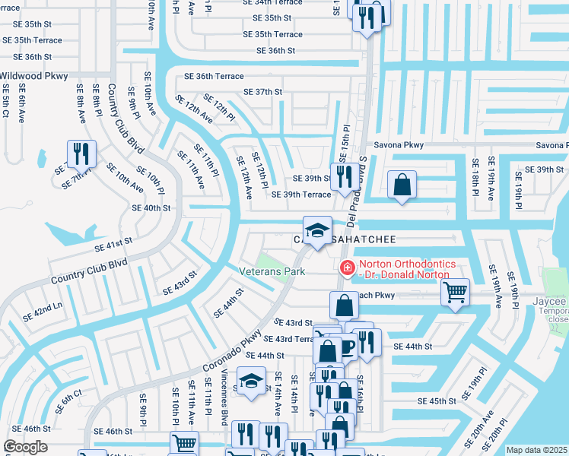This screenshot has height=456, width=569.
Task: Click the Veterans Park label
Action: point(272,271)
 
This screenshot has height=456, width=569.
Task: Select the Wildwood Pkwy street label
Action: point(33,76)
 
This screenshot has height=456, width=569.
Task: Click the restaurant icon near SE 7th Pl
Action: point(81,154)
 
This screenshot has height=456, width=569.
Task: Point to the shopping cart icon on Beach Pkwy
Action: point(455,291)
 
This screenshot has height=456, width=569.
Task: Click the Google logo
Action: point(25,447)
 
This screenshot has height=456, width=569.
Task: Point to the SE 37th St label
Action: point(262,92)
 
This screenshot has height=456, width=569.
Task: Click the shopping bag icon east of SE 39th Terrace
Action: point(401,185)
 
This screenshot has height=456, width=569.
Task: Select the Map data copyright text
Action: point(536,450)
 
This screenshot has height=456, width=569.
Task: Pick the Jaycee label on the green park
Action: point(549,301)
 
